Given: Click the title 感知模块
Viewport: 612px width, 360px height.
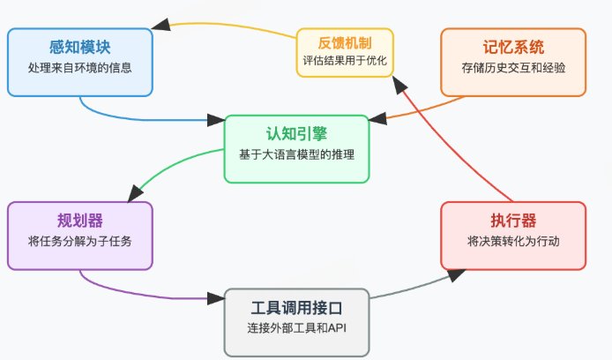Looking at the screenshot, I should point(80,47).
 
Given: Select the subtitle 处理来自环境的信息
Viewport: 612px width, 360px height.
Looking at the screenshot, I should point(80,67).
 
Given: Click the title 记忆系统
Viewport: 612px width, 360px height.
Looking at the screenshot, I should point(512,46).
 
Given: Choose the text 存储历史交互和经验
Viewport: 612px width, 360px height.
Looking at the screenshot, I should point(512,66).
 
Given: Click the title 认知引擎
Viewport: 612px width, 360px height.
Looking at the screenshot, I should point(295,133).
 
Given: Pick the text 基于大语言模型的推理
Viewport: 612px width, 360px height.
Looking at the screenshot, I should point(295,154).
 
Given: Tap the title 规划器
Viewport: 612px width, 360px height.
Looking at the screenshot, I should point(80,220).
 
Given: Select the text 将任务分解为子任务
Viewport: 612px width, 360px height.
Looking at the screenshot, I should point(80,240).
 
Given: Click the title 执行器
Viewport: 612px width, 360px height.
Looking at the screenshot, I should point(512,220).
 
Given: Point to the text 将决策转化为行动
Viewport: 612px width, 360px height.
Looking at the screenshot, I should point(512,240).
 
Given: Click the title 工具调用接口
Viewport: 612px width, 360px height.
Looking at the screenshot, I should point(296,307).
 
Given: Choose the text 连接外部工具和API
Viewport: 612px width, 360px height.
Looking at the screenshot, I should point(296,327).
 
